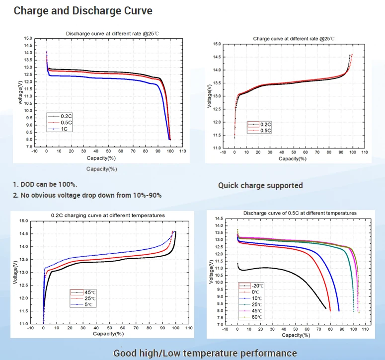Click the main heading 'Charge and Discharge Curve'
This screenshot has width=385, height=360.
pos(83,10)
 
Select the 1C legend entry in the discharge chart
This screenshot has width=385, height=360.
pos(62,129)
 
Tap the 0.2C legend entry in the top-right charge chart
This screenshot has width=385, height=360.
pos(263,124)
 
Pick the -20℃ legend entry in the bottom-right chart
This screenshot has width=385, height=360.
pos(256,286)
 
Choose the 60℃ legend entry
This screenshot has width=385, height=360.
pos(256,317)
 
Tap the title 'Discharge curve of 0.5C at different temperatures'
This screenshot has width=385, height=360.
pos(300,213)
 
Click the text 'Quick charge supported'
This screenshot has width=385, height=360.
pos(260,185)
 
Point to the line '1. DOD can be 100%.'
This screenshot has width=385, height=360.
pos(45,184)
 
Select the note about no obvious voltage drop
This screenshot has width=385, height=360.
pos(87,195)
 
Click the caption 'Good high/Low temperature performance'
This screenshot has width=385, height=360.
pos(205,353)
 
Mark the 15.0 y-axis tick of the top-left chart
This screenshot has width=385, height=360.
pos(28,38)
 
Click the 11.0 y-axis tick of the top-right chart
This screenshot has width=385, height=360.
pos(217,148)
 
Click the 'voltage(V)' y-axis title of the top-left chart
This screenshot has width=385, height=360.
pos(20,93)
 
